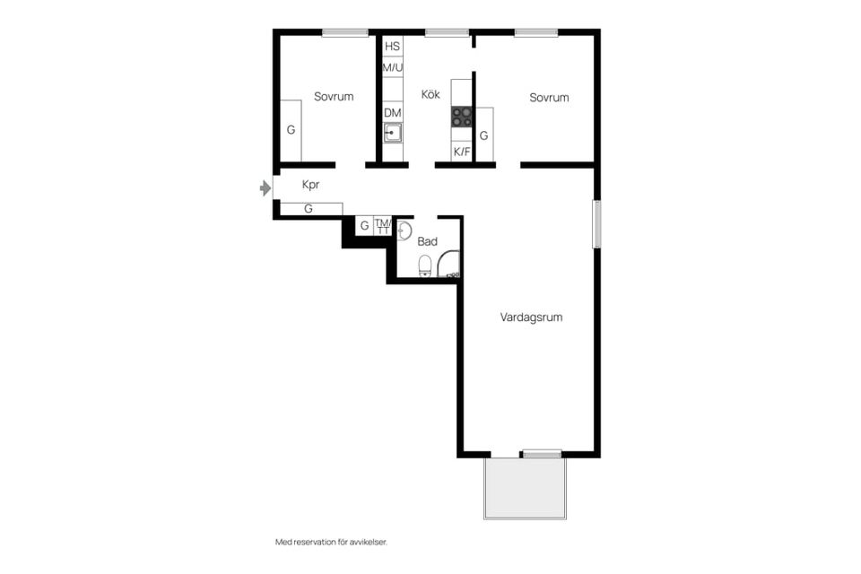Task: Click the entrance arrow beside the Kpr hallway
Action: pyautogui.click(x=265, y=188)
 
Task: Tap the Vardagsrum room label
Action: pyautogui.click(x=531, y=317)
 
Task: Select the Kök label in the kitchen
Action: pyautogui.click(x=430, y=94)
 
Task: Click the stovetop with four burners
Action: pyautogui.click(x=462, y=117)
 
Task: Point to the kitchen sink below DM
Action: pyautogui.click(x=392, y=133)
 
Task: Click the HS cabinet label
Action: pyautogui.click(x=392, y=46)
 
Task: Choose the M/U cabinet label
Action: pyautogui.click(x=393, y=67)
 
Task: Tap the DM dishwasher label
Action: pyautogui.click(x=393, y=113)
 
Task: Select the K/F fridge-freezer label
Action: pyautogui.click(x=462, y=152)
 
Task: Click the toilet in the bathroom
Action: pyautogui.click(x=425, y=266)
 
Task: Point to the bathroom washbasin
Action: pyautogui.click(x=404, y=230)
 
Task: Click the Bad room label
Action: pyautogui.click(x=427, y=241)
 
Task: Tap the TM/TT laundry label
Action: pyautogui.click(x=383, y=226)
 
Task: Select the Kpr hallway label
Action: pyautogui.click(x=310, y=185)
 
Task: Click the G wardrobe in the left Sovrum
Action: pyautogui.click(x=291, y=130)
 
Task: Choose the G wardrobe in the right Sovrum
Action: pyautogui.click(x=483, y=135)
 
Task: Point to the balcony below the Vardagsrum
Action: pyautogui.click(x=525, y=488)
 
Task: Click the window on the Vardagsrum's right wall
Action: pyautogui.click(x=597, y=224)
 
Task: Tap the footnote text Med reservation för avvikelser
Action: pyautogui.click(x=331, y=542)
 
